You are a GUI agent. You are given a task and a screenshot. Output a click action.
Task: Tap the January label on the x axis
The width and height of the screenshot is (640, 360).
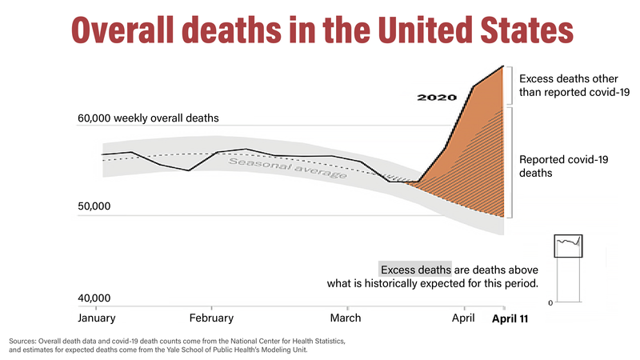click(97, 318)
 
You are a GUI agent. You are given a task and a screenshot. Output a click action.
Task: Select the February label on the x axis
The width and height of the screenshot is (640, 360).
click(211, 318)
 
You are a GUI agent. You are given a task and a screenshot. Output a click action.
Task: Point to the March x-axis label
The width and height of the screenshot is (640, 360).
click(347, 318)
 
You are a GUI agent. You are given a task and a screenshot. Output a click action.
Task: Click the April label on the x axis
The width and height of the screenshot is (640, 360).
click(464, 318)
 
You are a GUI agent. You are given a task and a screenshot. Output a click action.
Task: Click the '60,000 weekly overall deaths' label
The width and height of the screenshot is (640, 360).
click(148, 118)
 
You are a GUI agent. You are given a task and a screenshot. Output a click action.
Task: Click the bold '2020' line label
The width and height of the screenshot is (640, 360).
click(437, 98)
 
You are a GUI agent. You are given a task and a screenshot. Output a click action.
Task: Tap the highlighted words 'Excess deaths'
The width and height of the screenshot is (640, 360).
click(415, 269)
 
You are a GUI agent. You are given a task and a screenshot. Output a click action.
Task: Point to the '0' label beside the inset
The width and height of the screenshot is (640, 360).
click(550, 302)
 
